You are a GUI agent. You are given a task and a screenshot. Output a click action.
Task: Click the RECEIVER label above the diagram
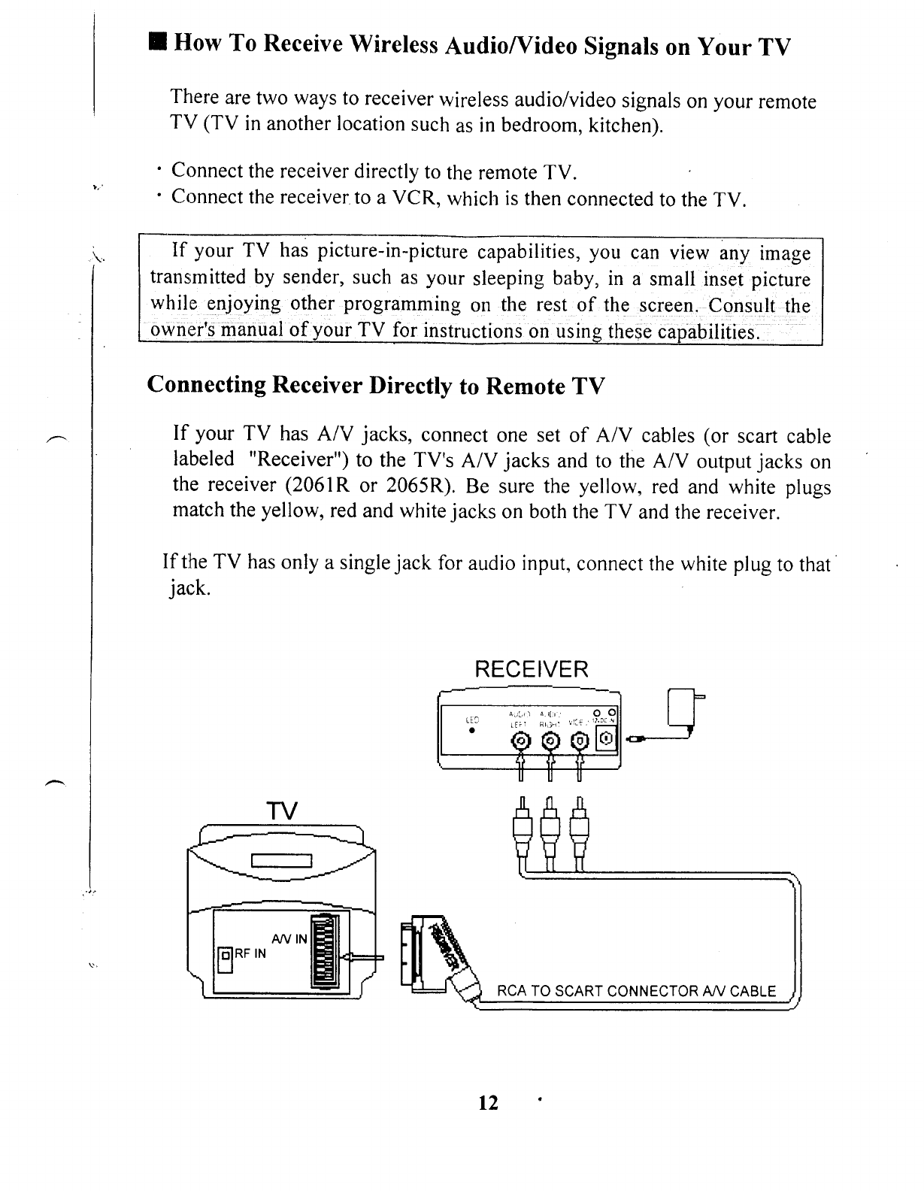532,668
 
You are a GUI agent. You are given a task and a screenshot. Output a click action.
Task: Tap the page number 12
489,1103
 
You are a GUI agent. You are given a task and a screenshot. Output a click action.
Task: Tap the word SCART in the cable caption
579,990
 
